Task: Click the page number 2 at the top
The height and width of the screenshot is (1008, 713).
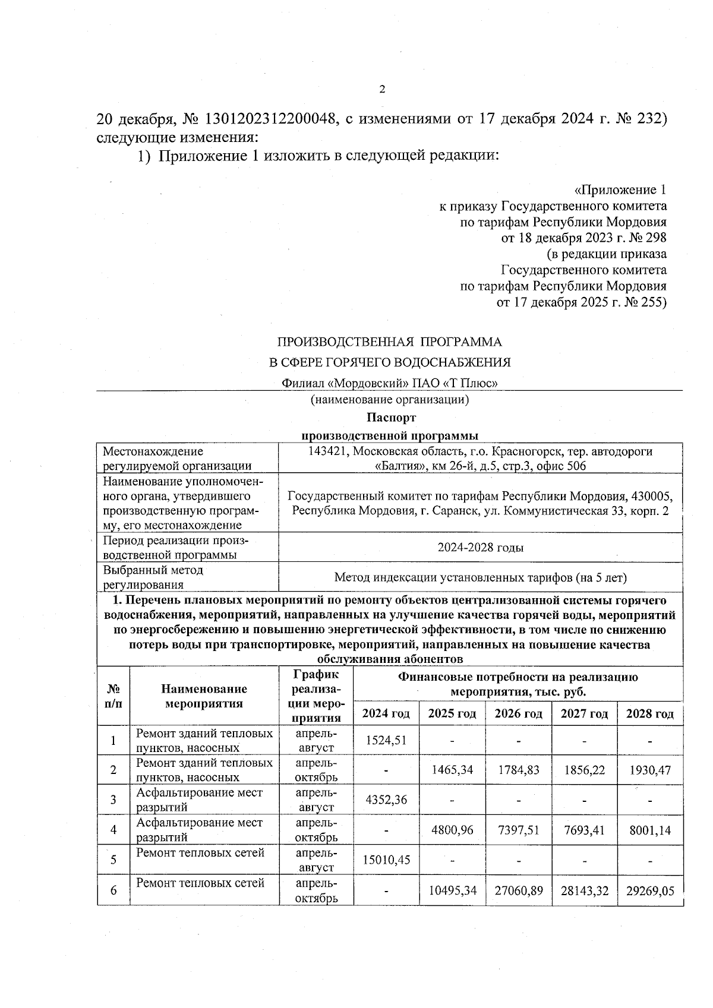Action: tap(382, 89)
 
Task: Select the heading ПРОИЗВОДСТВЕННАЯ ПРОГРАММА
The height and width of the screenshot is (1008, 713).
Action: tap(390, 342)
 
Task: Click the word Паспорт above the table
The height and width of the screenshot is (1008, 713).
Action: tap(391, 418)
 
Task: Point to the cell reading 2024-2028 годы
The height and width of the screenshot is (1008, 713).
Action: tap(480, 547)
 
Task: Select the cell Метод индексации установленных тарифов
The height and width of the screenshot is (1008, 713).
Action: tap(480, 577)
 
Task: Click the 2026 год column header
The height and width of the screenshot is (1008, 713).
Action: tap(518, 713)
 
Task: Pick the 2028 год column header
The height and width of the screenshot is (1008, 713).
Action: tap(650, 713)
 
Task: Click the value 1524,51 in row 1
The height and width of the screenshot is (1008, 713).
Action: tap(386, 740)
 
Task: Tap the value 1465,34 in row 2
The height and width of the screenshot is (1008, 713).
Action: tap(452, 770)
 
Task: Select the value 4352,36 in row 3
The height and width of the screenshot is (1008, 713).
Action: tap(386, 800)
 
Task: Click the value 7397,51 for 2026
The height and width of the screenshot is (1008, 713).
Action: tap(518, 829)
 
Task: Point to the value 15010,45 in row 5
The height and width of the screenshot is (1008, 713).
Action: tap(386, 860)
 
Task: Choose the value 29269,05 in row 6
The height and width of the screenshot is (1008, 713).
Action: tap(650, 890)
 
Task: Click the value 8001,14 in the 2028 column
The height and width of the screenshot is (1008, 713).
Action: tap(650, 829)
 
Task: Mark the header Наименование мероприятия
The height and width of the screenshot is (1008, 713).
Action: tap(204, 696)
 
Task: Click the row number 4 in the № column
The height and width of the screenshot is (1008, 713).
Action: tap(113, 829)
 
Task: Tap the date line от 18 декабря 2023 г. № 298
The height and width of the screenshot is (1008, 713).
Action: tap(583, 238)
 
